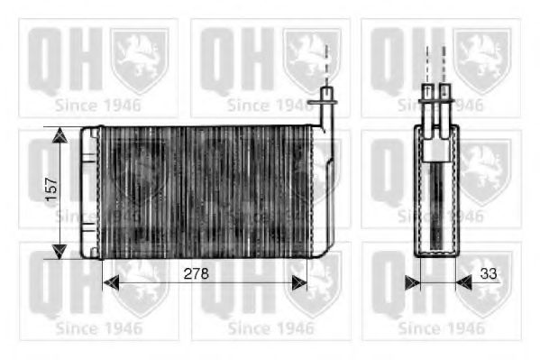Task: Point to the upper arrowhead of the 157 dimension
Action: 59,135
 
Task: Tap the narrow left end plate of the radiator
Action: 87,191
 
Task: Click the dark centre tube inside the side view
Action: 435,203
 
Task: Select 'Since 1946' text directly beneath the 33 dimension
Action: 441,328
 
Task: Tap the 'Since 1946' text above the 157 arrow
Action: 99,105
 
